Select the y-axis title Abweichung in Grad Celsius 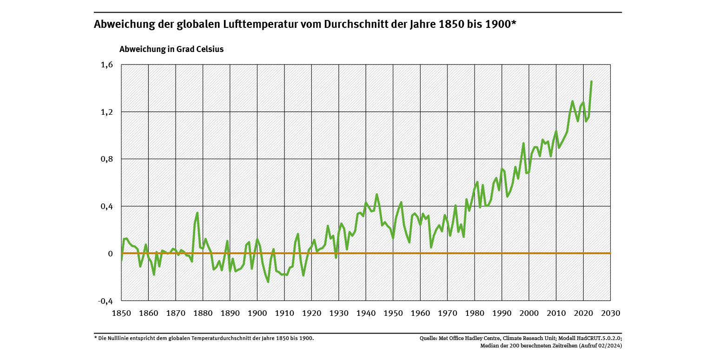pos(171,49)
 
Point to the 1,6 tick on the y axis pos(106,65)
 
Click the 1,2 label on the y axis pos(106,112)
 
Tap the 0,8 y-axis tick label pos(106,159)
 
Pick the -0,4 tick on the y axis pos(105,301)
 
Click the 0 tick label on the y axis pos(110,254)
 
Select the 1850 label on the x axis pos(121,313)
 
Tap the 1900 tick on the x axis pos(257,313)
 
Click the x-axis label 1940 pos(366,313)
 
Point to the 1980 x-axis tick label pos(474,313)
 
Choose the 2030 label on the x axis pos(610,313)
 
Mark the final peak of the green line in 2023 pos(591,82)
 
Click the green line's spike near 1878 pos(198,213)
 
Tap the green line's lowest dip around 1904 pos(268,281)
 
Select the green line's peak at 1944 pos(376,194)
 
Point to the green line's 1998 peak pos(523,143)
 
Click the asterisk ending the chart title pos(514,22)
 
